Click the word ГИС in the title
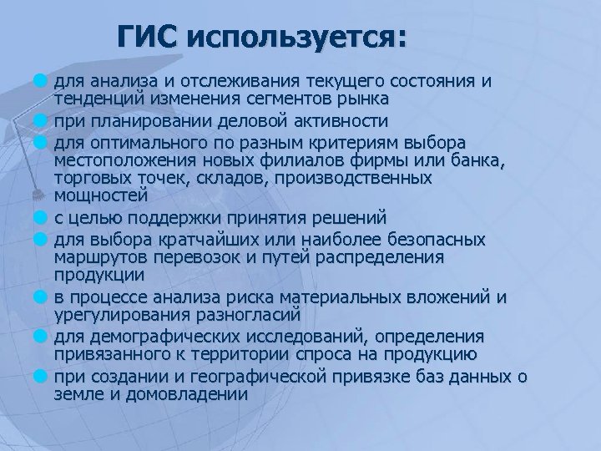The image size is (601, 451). coord(149,38)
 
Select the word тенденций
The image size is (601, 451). coord(94,99)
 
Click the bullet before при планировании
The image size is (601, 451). coord(39,119)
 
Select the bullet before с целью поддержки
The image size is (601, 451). coord(39,218)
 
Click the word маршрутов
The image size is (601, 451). coord(98,258)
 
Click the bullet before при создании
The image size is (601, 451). coord(39,375)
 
